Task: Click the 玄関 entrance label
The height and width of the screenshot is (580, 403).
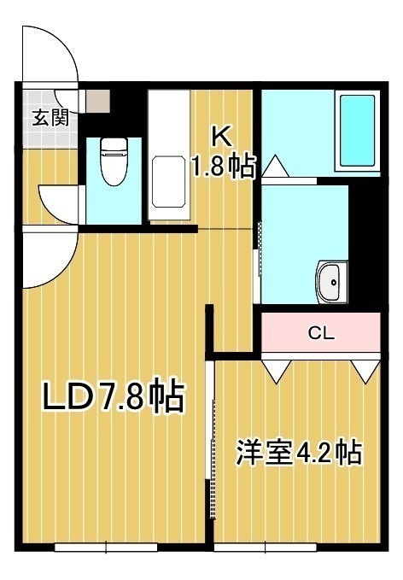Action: coord(50,118)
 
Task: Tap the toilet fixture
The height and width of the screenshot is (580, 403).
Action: coord(114,161)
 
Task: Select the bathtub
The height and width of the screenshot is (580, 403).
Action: coord(357,131)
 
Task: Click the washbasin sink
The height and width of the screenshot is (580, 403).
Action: coord(331,282)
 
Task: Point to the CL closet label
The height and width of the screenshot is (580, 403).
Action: coord(321,334)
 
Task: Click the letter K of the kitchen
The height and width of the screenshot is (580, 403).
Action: coord(221,137)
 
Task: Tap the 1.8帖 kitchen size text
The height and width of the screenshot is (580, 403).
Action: coord(223,167)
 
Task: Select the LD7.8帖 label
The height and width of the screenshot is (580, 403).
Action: coord(114,395)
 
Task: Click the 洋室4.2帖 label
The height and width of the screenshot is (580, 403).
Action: coord(299,452)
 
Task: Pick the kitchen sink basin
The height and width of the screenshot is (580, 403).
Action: coord(168,182)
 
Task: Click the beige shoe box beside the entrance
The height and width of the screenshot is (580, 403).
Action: coord(98,101)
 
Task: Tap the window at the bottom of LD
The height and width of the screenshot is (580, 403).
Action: coord(106,547)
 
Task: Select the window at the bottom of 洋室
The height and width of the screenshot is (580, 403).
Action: coord(266,547)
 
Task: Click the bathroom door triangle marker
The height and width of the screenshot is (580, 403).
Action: coord(275,167)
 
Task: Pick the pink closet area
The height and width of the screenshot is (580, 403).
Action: coord(321,332)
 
